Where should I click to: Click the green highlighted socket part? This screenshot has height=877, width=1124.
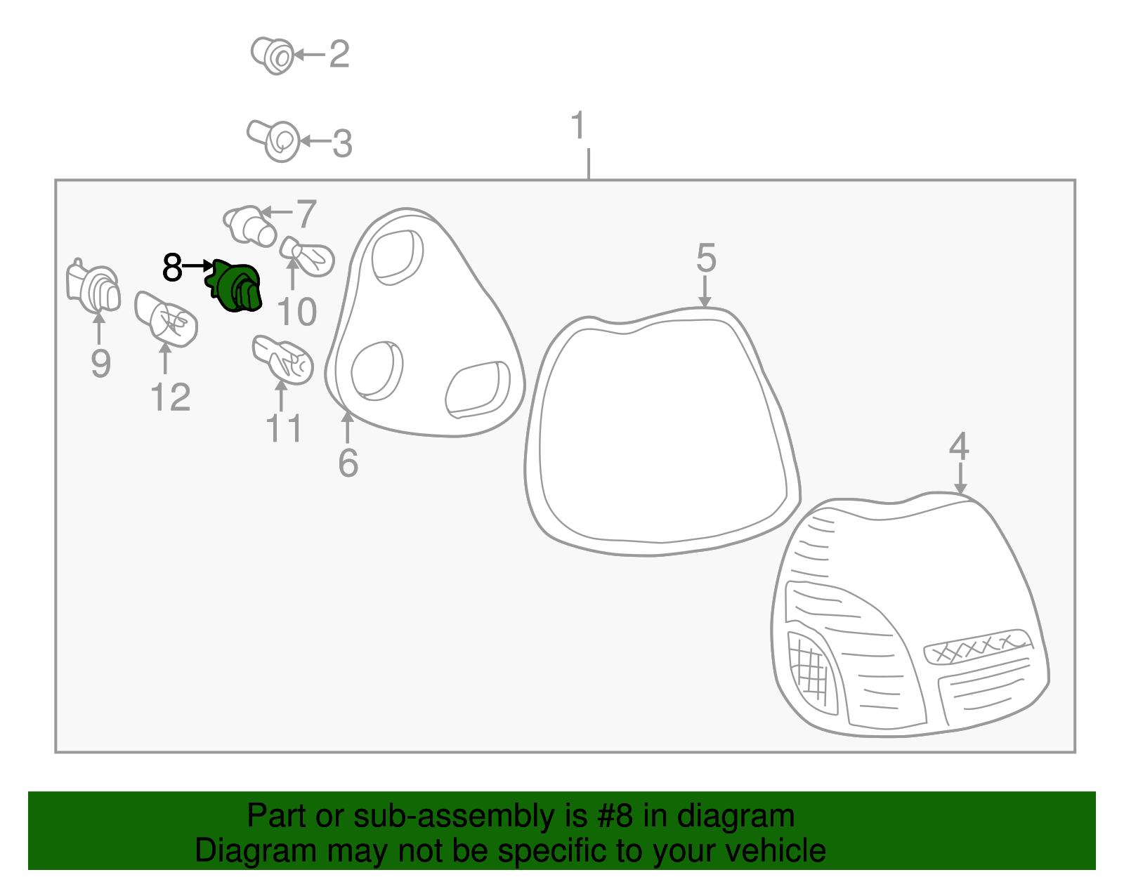(x=235, y=286)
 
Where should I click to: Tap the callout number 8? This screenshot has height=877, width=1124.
(x=172, y=268)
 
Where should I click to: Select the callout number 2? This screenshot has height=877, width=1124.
(x=339, y=54)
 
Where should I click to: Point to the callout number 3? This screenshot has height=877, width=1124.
(x=342, y=143)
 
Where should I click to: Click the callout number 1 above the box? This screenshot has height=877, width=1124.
(x=578, y=125)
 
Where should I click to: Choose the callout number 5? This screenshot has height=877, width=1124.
(x=706, y=258)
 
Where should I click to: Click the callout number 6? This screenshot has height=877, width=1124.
(x=348, y=463)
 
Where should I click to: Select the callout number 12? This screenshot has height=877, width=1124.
(x=171, y=397)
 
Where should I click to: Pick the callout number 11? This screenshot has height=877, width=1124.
(x=283, y=428)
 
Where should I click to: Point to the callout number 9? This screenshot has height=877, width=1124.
(x=101, y=363)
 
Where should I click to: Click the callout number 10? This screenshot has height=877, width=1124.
(x=297, y=312)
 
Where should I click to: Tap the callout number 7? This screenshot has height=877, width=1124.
(x=306, y=214)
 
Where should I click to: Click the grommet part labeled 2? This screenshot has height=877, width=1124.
(x=272, y=55)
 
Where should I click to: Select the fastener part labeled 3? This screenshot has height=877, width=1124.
(x=274, y=140)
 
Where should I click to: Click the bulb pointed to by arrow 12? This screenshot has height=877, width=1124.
(x=166, y=319)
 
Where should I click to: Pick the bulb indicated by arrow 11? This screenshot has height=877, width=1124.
(x=283, y=360)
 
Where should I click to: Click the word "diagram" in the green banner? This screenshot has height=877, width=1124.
(x=736, y=816)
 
